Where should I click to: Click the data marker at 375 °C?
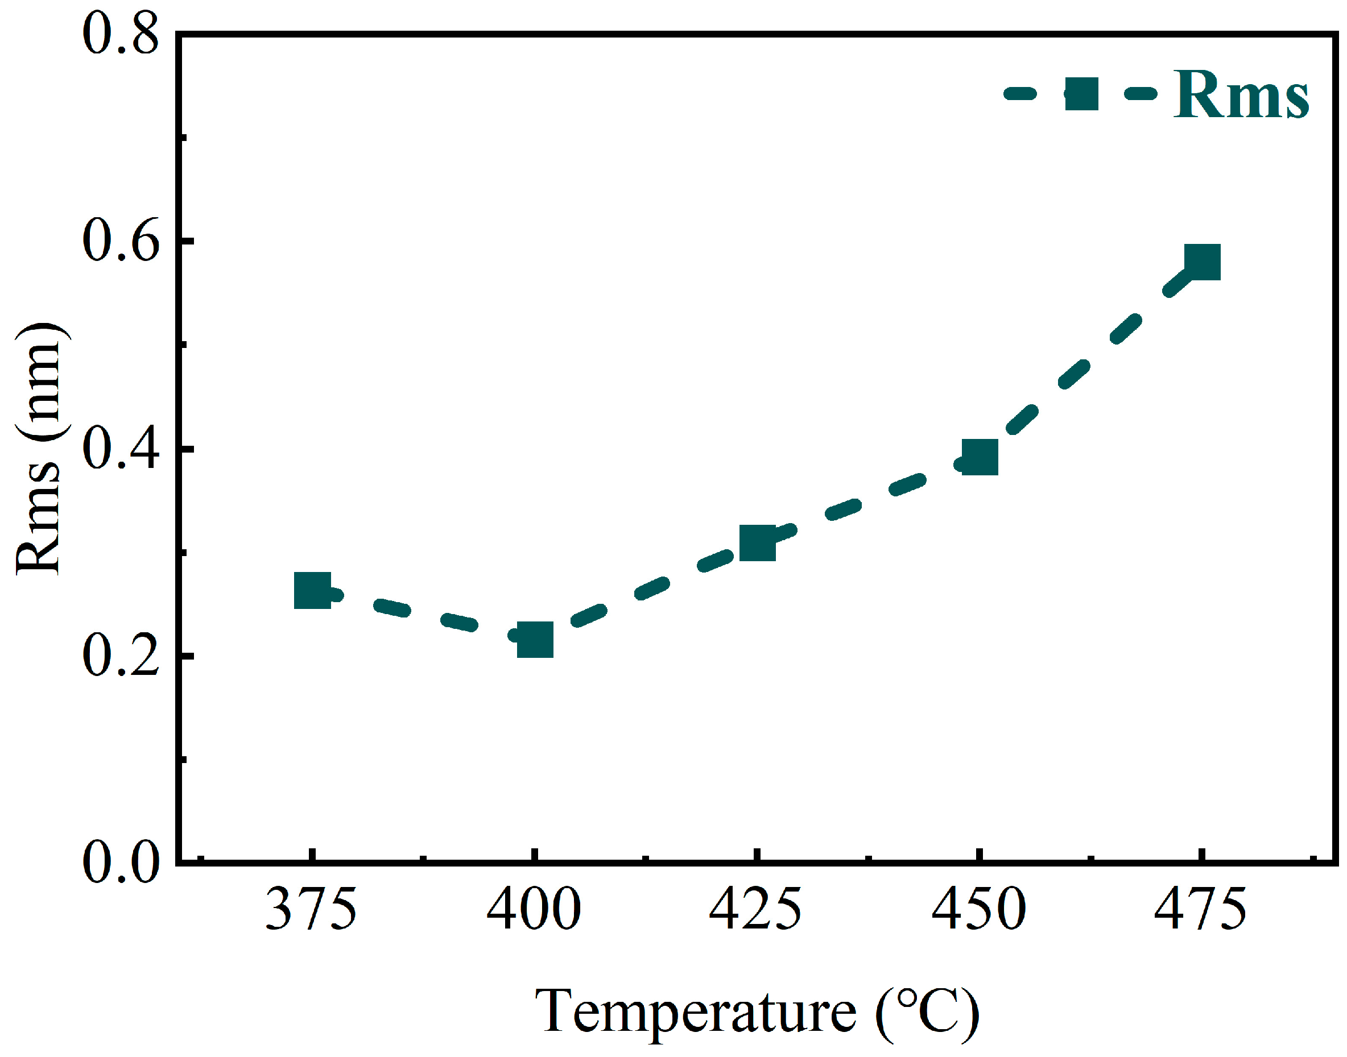coord(312,590)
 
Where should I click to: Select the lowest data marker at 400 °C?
coord(535,639)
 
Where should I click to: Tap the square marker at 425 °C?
coord(758,544)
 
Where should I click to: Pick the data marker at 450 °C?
coord(980,457)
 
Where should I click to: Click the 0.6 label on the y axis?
coord(121,241)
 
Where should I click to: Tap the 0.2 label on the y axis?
coord(121,656)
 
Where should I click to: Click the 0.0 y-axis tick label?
coord(121,862)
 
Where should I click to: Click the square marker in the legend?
coord(1081,94)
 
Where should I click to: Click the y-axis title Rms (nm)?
coord(38,449)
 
